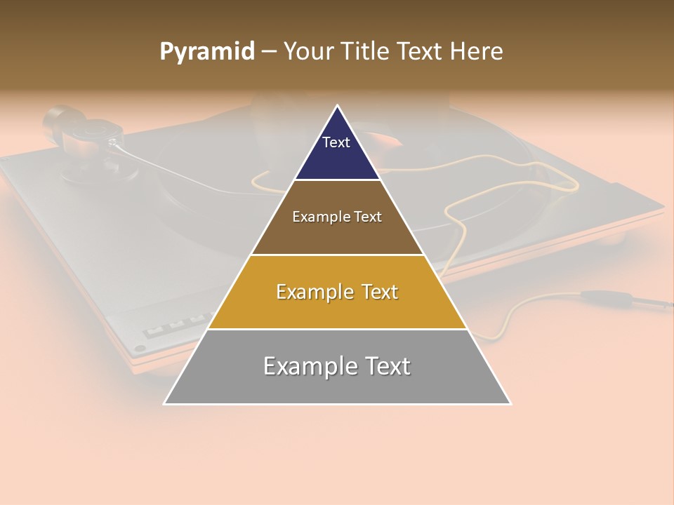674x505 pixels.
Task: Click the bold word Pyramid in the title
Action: (x=206, y=52)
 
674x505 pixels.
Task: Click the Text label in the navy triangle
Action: (x=336, y=142)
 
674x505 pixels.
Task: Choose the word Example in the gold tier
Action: (x=312, y=292)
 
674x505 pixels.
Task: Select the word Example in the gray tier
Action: (x=308, y=366)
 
